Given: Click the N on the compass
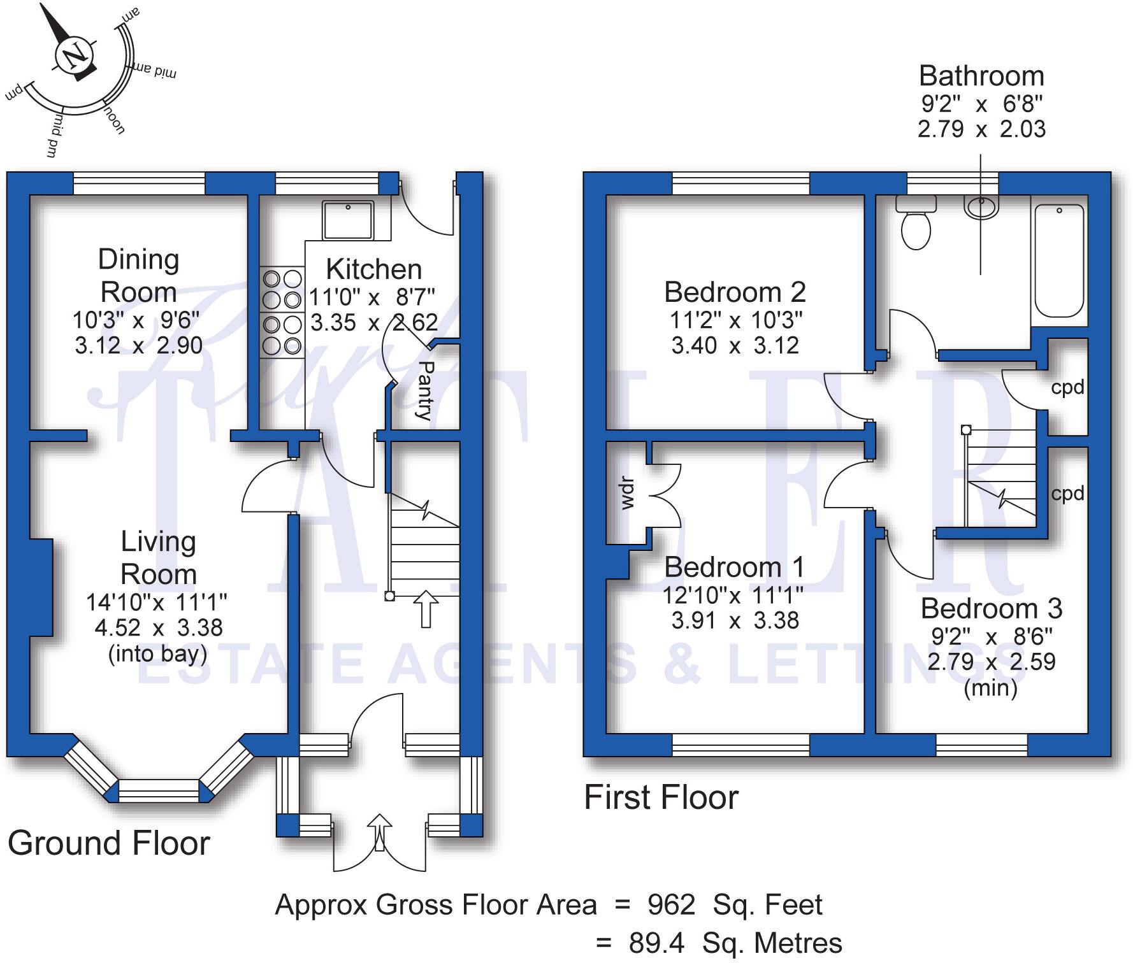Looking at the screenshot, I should (x=75, y=55).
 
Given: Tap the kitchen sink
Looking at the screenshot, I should (x=348, y=220).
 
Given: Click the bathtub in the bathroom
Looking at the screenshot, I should (x=1059, y=260).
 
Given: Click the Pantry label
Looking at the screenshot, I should (x=425, y=390).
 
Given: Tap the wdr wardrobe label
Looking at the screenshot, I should (x=627, y=493).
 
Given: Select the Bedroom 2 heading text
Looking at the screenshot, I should (x=735, y=292).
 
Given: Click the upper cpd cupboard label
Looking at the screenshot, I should (x=1067, y=387).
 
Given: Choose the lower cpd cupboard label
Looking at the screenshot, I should (x=1067, y=494).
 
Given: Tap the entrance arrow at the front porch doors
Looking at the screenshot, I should (x=380, y=832).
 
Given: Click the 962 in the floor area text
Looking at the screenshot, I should (x=671, y=905).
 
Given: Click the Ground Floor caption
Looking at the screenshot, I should (x=109, y=843).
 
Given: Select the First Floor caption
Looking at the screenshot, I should (x=661, y=797).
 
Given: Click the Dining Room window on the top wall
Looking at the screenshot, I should (x=139, y=183).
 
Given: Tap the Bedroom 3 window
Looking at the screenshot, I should (x=981, y=745).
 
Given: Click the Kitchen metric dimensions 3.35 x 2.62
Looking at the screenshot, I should (x=374, y=323).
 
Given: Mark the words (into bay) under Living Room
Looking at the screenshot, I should (x=157, y=654).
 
